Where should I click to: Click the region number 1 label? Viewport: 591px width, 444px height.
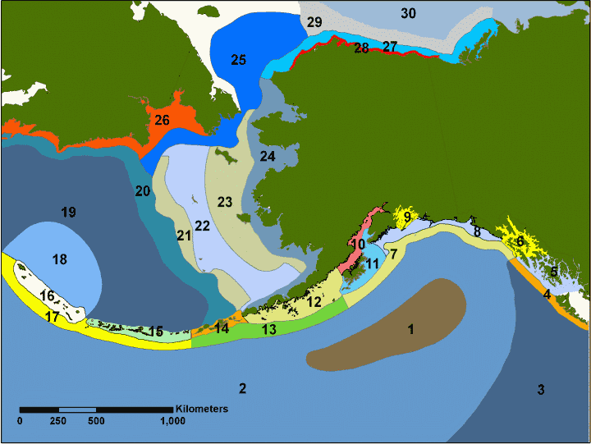pyautogui.click(x=410, y=330)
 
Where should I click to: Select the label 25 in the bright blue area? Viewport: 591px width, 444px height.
pyautogui.click(x=238, y=60)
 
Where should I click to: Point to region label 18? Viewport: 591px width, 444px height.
pyautogui.click(x=59, y=259)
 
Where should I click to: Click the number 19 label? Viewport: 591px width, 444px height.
pyautogui.click(x=68, y=213)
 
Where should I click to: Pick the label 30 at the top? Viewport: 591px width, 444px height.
pyautogui.click(x=408, y=12)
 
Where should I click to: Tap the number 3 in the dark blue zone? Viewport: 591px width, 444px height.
pyautogui.click(x=541, y=389)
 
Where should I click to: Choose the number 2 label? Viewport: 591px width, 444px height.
pyautogui.click(x=242, y=387)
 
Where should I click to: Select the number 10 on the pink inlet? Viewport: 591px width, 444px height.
pyautogui.click(x=358, y=245)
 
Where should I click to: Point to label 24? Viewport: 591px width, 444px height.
pyautogui.click(x=268, y=156)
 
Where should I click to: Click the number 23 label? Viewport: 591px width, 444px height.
pyautogui.click(x=225, y=201)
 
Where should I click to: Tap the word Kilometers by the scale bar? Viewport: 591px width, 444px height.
pyautogui.click(x=201, y=408)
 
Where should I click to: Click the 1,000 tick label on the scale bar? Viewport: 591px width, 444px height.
pyautogui.click(x=172, y=421)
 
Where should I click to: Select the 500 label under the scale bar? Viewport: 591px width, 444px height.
pyautogui.click(x=96, y=421)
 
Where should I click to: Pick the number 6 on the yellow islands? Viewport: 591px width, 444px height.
pyautogui.click(x=519, y=242)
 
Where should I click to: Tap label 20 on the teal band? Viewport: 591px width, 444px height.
pyautogui.click(x=143, y=192)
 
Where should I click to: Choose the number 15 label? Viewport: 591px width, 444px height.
pyautogui.click(x=155, y=332)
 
